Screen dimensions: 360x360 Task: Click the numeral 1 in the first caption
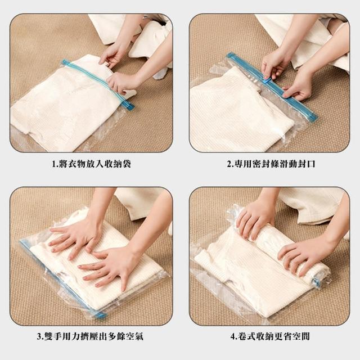53,164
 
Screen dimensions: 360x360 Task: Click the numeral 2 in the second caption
229,164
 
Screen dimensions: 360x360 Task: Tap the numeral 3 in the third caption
39,336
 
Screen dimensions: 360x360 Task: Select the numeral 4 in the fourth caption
233,336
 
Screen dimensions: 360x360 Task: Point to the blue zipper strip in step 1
97,84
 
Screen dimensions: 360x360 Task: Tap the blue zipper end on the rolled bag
317,282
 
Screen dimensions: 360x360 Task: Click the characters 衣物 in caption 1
77,164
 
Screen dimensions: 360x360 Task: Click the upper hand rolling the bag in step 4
255,220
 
